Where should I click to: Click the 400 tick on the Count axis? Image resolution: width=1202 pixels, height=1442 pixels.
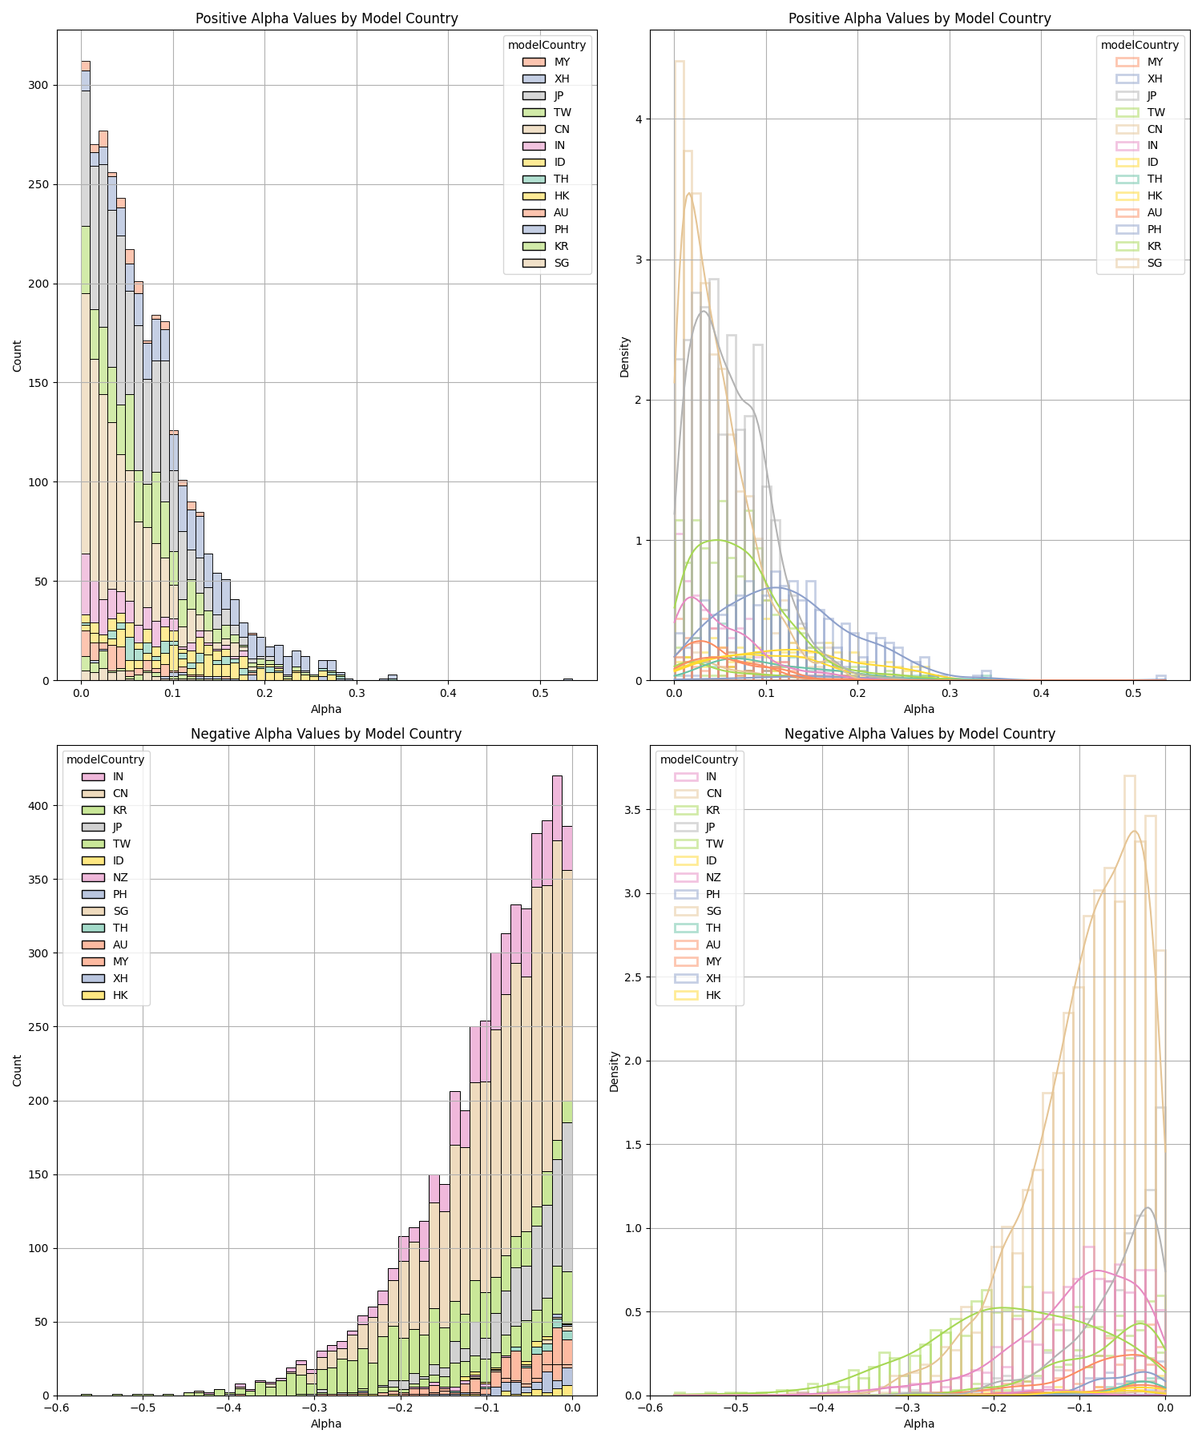(41, 805)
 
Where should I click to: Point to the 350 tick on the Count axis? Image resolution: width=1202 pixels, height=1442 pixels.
(41, 879)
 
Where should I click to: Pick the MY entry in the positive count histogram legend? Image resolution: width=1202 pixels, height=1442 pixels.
(562, 62)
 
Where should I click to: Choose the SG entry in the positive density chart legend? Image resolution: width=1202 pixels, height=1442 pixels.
(1155, 263)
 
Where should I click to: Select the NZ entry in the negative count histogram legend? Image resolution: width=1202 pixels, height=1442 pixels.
(120, 877)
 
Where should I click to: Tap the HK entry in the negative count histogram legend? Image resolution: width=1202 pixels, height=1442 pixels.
(120, 995)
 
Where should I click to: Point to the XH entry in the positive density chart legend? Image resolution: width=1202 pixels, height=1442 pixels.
(1155, 79)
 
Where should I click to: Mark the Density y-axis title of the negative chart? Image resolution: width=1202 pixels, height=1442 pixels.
(615, 1071)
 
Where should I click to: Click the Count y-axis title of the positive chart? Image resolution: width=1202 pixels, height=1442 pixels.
(18, 356)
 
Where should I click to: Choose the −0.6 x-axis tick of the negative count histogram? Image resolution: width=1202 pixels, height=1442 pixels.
(56, 1408)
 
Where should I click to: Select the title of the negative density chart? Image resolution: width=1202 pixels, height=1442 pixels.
(919, 734)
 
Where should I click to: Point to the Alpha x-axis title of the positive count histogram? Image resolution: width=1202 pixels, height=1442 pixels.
(326, 709)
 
